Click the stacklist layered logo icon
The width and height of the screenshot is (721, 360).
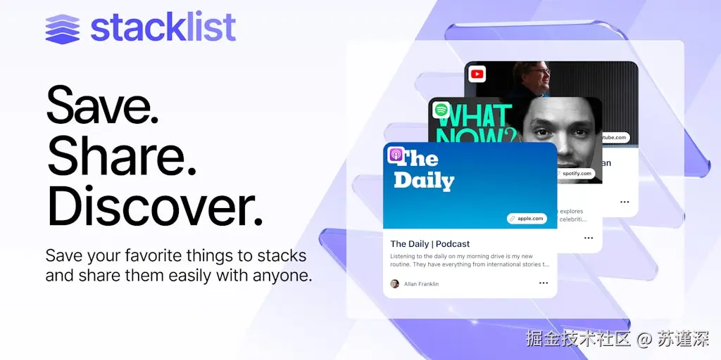[63, 30]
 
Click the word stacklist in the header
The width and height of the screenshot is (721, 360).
[163, 28]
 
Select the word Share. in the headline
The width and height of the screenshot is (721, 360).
[121, 157]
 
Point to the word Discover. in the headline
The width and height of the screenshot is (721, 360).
[155, 207]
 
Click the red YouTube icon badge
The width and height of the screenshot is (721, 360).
[477, 73]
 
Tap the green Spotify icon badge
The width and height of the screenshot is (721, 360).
[441, 110]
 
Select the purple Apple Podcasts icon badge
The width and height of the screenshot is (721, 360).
[396, 155]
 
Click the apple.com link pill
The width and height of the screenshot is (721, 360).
[526, 219]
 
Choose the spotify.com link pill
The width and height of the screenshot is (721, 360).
[574, 173]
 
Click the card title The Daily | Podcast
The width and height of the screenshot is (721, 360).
[430, 244]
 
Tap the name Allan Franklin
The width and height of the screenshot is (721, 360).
[421, 284]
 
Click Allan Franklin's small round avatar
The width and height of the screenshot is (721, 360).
[394, 284]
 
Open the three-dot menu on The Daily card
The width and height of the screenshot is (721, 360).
[544, 283]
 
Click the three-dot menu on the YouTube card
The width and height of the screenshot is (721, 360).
[625, 202]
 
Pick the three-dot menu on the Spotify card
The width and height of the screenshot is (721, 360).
[589, 238]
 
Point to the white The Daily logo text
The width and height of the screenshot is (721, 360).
[424, 171]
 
